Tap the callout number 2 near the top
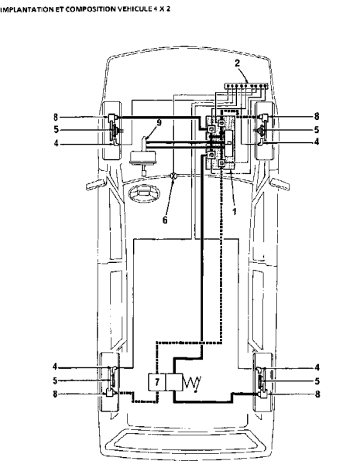(238, 63)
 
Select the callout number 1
(235, 211)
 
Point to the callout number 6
(165, 220)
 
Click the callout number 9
(159, 122)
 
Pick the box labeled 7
(156, 382)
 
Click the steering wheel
(143, 193)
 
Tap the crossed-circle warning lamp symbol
(174, 176)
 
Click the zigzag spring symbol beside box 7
(192, 383)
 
